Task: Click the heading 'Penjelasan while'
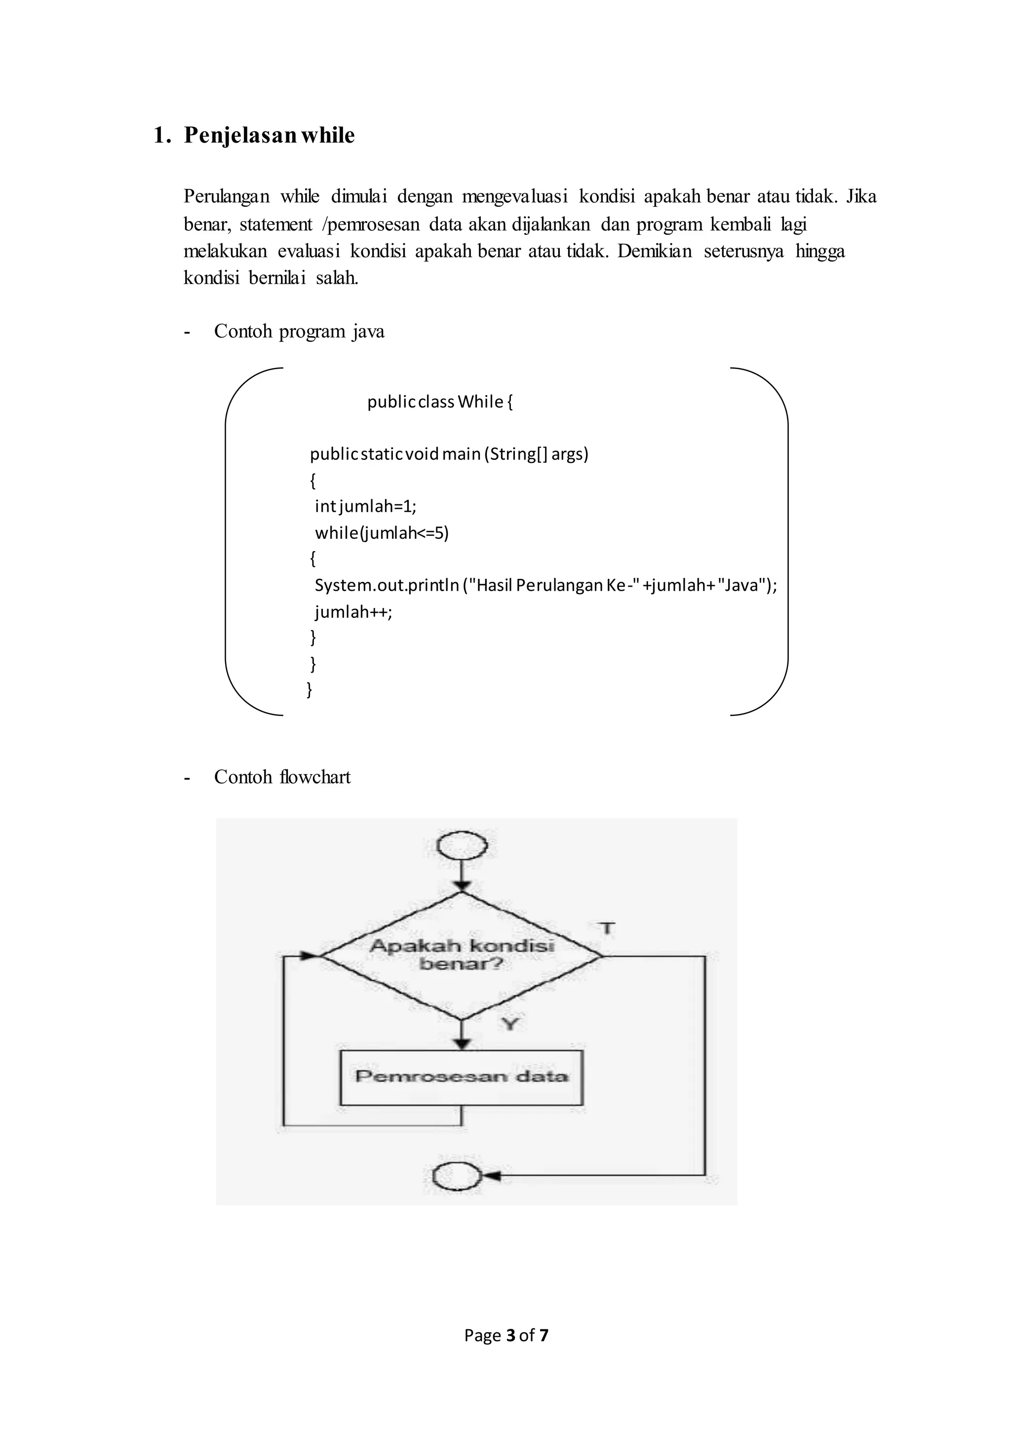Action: [x=269, y=136]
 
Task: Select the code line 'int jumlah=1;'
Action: [x=365, y=506]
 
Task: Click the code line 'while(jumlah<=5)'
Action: [x=382, y=533]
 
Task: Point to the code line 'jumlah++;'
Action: [x=353, y=612]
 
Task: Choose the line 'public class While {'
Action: [x=439, y=402]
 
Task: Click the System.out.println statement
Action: [x=545, y=586]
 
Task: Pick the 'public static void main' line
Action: [x=449, y=454]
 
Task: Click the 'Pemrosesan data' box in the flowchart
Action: [x=461, y=1077]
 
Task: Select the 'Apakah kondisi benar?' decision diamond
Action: [x=461, y=955]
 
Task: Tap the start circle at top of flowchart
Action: [x=462, y=846]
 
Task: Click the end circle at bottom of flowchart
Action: [x=456, y=1177]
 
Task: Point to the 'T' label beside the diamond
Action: [x=607, y=929]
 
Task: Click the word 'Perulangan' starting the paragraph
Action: [x=226, y=197]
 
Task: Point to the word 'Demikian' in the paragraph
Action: [x=654, y=252]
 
